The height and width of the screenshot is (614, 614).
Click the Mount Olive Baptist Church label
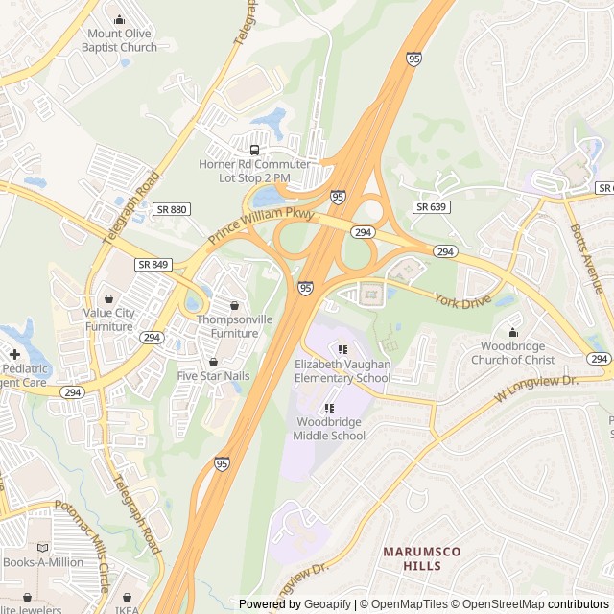click(119, 39)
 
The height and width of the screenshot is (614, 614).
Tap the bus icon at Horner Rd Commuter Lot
click(254, 150)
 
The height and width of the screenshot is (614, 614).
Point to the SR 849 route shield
click(153, 264)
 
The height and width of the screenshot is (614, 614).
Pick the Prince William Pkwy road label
click(261, 226)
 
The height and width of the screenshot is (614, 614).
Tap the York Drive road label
click(462, 300)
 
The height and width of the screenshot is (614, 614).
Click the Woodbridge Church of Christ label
click(512, 353)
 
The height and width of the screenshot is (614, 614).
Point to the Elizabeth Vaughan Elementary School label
click(342, 371)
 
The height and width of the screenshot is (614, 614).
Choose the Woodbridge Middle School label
click(329, 429)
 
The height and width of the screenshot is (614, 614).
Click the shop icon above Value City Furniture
click(108, 298)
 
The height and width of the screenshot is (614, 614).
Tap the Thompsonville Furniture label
click(228, 326)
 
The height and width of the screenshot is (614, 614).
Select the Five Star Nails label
click(213, 375)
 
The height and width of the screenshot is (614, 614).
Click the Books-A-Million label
click(42, 562)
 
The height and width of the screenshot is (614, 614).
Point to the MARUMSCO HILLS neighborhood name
click(422, 558)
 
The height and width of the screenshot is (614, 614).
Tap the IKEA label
click(126, 609)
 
